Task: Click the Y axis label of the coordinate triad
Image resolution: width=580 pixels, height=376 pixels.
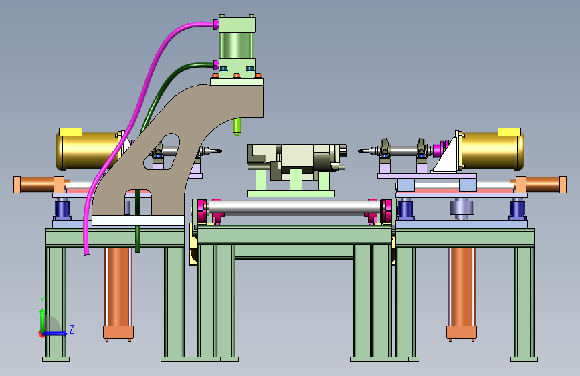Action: tap(43, 300)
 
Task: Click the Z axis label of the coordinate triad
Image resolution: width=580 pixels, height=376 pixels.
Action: tap(72, 329)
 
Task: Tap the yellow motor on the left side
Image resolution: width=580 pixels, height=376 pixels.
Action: tap(88, 151)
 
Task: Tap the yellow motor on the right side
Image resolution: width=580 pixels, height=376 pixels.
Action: tap(492, 151)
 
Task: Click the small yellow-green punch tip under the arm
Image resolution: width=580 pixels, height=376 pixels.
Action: tap(237, 127)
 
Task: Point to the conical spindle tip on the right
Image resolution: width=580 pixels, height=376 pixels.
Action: tap(367, 151)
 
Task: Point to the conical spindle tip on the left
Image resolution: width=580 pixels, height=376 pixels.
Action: tap(212, 151)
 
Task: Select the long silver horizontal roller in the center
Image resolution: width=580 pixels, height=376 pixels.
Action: tap(295, 207)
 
